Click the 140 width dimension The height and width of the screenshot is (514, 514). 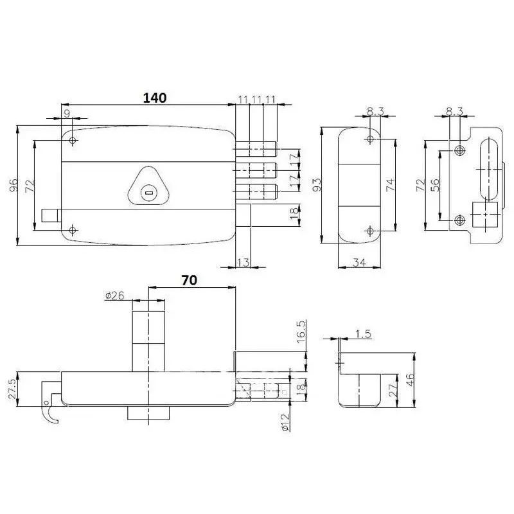(x=154, y=98)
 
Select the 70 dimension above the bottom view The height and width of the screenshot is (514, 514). (x=189, y=280)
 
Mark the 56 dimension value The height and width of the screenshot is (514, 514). (x=435, y=186)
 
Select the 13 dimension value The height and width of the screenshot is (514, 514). (x=242, y=262)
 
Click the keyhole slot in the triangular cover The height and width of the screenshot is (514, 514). (x=148, y=191)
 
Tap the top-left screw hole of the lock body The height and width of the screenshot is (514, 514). (x=73, y=141)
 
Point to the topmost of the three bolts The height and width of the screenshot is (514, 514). (x=257, y=149)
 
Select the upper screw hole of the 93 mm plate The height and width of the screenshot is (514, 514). (x=371, y=140)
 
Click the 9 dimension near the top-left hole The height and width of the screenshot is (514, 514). (x=66, y=114)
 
